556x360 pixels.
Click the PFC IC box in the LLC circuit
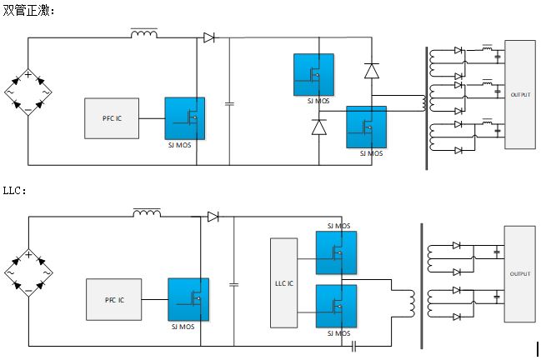[114, 299]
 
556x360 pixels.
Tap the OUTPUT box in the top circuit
[519, 94]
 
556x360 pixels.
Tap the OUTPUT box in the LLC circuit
[519, 273]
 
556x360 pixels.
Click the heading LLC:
[15, 191]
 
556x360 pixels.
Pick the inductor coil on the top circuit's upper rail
[144, 33]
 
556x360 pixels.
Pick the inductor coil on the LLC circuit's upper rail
[147, 213]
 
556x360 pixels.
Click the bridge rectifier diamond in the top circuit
[28, 92]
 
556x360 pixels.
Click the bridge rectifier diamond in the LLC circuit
[28, 272]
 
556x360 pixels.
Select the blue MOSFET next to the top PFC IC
[184, 118]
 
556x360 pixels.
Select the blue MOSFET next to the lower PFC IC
[188, 298]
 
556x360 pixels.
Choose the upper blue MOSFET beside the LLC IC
[336, 252]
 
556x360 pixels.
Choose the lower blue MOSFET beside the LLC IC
[336, 306]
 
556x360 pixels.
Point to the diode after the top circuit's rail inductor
[208, 37]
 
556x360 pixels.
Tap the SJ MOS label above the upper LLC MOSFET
[338, 226]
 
